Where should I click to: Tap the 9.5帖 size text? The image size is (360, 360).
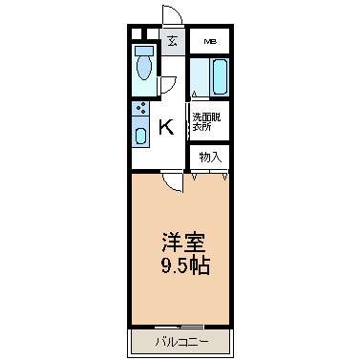click(180, 265)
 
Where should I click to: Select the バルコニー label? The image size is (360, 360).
click(180, 340)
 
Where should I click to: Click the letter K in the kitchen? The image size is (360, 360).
click(165, 125)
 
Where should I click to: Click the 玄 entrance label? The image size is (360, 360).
click(172, 41)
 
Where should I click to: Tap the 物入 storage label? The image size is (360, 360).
click(209, 156)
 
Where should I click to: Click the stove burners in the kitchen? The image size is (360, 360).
click(140, 108)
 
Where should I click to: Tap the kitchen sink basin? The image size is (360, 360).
click(140, 134)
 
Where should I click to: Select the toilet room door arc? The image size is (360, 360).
click(167, 84)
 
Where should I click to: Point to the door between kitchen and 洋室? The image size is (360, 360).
click(169, 182)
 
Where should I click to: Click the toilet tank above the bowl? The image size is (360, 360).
click(144, 49)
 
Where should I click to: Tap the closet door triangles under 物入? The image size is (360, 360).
click(210, 176)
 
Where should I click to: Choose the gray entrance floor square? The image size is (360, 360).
click(172, 42)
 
